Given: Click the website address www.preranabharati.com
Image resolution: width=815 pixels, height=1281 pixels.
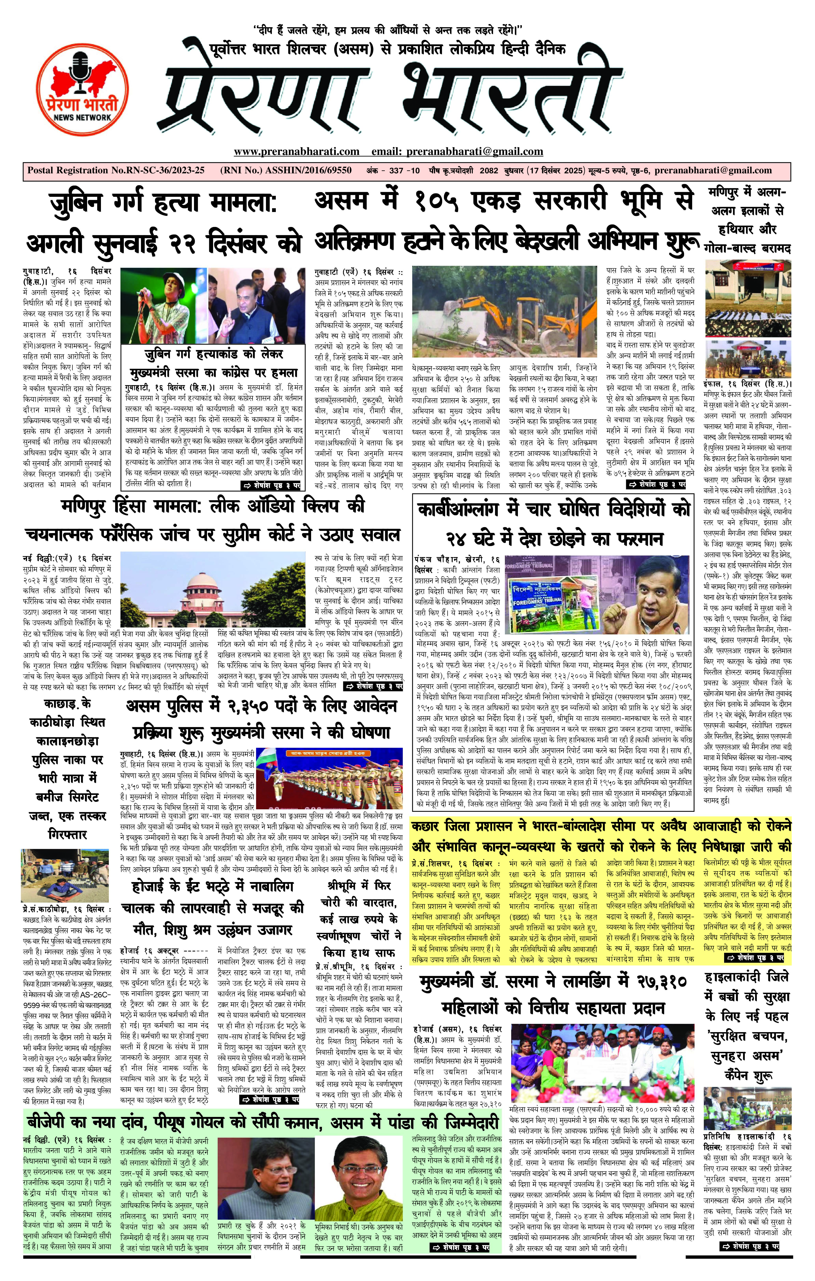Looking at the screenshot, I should tap(296, 152).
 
